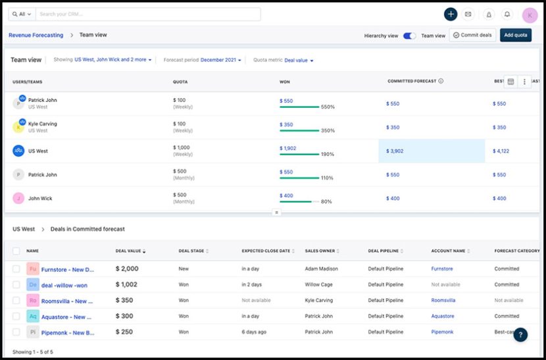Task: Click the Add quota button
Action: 515,35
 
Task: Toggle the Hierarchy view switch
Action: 409,36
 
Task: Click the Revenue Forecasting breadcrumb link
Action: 36,35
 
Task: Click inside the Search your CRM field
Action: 148,14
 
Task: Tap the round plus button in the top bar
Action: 450,14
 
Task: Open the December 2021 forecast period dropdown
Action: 220,60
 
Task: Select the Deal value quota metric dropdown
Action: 299,60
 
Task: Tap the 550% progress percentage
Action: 328,107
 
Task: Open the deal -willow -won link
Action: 64,285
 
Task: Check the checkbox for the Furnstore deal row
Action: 16,269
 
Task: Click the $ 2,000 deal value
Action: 127,269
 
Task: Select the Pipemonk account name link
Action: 442,332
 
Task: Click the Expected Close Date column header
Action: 266,251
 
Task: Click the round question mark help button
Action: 520,334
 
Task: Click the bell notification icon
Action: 507,14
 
